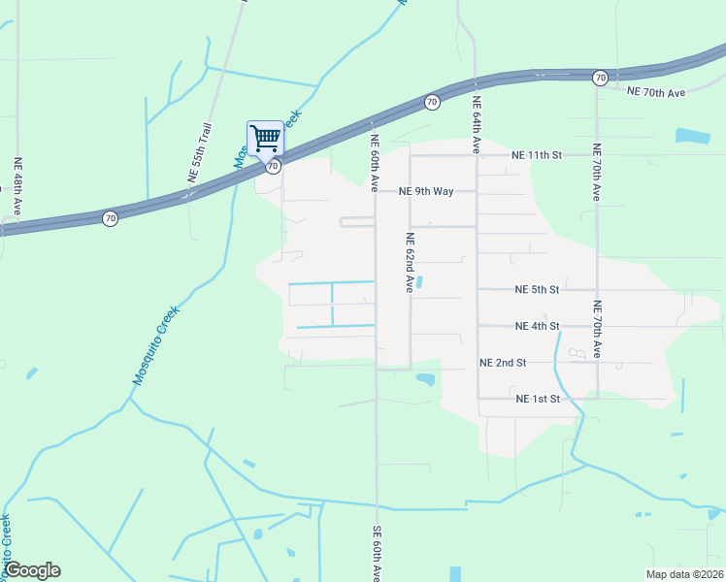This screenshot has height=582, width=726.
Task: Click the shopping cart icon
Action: coord(265,138)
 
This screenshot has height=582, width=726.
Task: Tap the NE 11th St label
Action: coord(537,155)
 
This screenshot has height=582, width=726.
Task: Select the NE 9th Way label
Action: coord(426,191)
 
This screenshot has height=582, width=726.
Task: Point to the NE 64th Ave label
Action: coord(477,125)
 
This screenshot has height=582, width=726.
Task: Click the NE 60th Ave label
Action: coord(374,162)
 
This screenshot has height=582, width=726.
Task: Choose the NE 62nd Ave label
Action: coord(411,263)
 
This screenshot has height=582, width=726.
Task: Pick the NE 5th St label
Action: coord(537,290)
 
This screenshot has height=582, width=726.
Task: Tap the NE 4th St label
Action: coord(537,326)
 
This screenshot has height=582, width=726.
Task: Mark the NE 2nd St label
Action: coord(503,363)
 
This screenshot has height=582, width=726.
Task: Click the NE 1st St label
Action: coord(539,399)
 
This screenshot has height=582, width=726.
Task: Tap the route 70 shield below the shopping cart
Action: coord(274,167)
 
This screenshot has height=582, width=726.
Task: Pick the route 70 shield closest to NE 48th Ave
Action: coord(111,219)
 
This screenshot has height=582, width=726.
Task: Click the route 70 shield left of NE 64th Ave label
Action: coord(431,101)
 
